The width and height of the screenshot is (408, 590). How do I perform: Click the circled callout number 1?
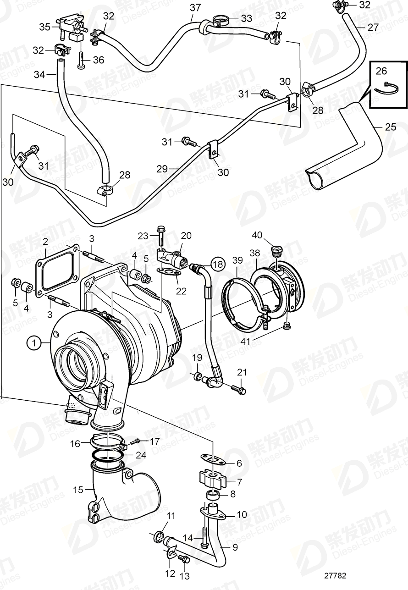point(33,342)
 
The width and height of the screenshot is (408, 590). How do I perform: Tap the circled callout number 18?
point(218,264)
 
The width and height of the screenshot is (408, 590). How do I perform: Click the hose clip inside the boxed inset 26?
point(383,88)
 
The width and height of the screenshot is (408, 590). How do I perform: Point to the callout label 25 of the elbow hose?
point(391,127)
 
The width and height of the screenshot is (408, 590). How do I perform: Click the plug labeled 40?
point(277,251)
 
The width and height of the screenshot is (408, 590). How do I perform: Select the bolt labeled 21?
point(239,390)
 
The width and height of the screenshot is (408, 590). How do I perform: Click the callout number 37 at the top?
point(195,7)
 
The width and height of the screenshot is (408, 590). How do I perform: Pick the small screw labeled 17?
point(136,441)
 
